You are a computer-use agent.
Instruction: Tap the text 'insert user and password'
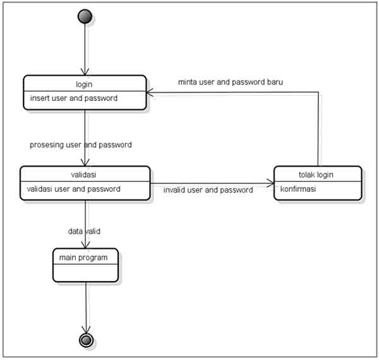[73, 99]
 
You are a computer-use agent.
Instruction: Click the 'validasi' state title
[85, 175]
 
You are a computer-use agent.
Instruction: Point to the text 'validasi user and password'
[73, 189]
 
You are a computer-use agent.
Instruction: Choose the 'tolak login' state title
[316, 175]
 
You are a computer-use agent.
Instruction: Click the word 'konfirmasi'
[298, 189]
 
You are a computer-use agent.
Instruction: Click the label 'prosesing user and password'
[81, 145]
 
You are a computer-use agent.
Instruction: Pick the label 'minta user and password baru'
[231, 83]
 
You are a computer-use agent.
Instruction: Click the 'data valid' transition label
[85, 231]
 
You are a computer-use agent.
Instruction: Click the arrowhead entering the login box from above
[85, 72]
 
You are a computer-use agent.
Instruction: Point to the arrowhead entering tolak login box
[270, 184]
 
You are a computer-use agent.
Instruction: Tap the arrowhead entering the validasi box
[85, 162]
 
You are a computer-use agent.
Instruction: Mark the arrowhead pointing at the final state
[86, 328]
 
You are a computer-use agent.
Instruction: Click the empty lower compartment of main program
[85, 273]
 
